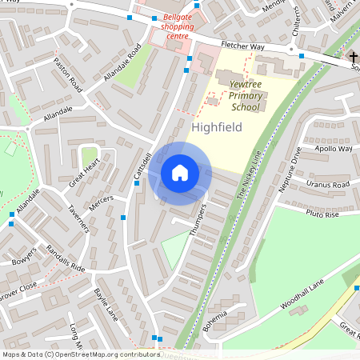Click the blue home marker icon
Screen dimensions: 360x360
click(x=180, y=173)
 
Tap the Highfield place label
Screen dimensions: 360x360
click(x=217, y=126)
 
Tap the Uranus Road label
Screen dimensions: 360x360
click(x=329, y=185)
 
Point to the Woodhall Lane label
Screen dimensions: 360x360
click(x=302, y=297)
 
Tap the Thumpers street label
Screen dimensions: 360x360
click(x=199, y=217)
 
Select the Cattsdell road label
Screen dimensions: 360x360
click(x=143, y=166)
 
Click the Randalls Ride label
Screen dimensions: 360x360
click(x=66, y=257)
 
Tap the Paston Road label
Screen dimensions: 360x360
click(x=68, y=74)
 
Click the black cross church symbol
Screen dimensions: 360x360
click(x=353, y=57)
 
